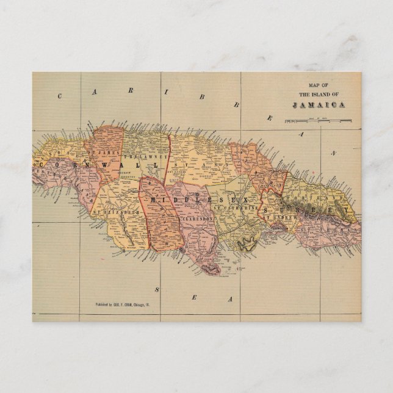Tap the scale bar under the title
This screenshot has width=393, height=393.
[x=317, y=121]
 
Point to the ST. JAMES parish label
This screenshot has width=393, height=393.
[x=101, y=149]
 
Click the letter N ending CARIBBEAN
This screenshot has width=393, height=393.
[x=334, y=153]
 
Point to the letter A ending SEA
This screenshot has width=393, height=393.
[x=229, y=299]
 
